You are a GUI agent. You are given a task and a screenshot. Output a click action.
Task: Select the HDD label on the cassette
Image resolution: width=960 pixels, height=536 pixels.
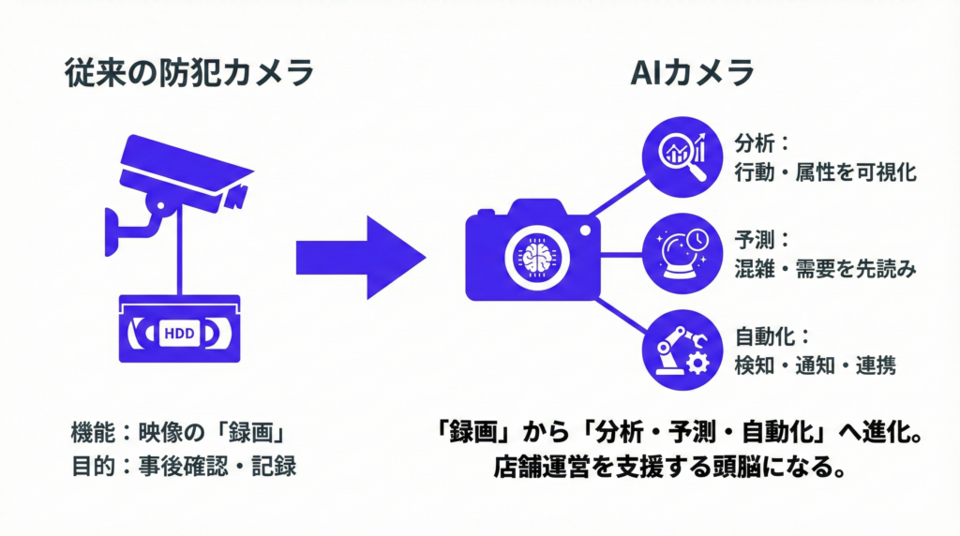[179, 331]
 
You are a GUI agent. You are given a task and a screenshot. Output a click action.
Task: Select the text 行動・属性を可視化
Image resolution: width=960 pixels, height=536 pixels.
[825, 172]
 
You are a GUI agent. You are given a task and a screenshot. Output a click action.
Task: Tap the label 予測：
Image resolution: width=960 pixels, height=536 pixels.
[762, 239]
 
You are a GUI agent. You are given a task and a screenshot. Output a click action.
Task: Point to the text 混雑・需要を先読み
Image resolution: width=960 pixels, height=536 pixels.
[825, 269]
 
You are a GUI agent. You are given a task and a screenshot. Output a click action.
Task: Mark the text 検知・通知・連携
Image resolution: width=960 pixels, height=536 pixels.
[816, 365]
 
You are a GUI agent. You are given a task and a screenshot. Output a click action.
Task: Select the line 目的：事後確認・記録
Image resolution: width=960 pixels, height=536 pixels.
[184, 465]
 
